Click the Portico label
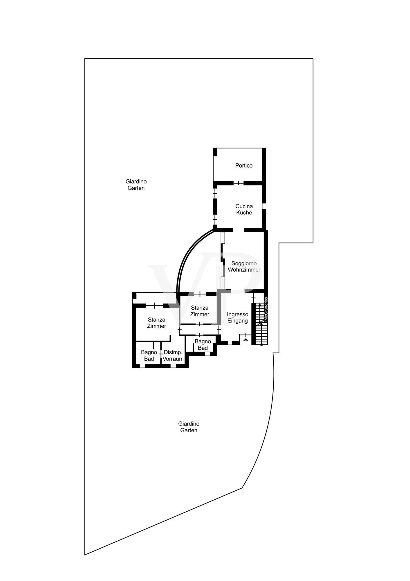tap(244, 166)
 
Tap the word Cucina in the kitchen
tap(244, 206)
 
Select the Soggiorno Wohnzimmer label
tap(244, 266)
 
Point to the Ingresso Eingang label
tap(238, 318)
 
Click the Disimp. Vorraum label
tap(173, 356)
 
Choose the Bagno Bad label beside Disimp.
tap(149, 356)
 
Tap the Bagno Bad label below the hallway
tap(203, 345)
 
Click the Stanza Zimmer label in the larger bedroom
tap(156, 323)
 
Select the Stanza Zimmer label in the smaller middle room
tap(200, 311)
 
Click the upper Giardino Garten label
tap(136, 185)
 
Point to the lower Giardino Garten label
tap(189, 427)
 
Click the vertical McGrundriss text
tap(266, 309)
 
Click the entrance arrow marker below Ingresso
tap(246, 339)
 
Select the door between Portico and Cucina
tap(239, 183)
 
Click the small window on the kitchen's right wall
tap(264, 206)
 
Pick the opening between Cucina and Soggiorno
tap(239, 230)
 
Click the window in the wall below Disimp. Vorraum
tap(173, 366)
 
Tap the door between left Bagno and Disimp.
tap(161, 354)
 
